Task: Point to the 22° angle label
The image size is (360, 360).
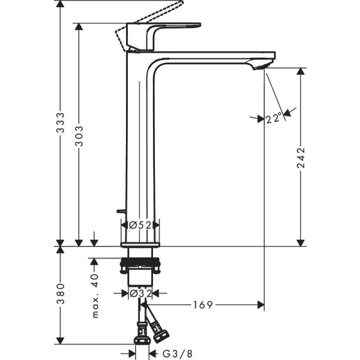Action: pyautogui.click(x=273, y=119)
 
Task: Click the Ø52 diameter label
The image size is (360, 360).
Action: pyautogui.click(x=140, y=225)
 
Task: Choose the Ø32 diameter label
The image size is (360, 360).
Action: pyautogui.click(x=140, y=293)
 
